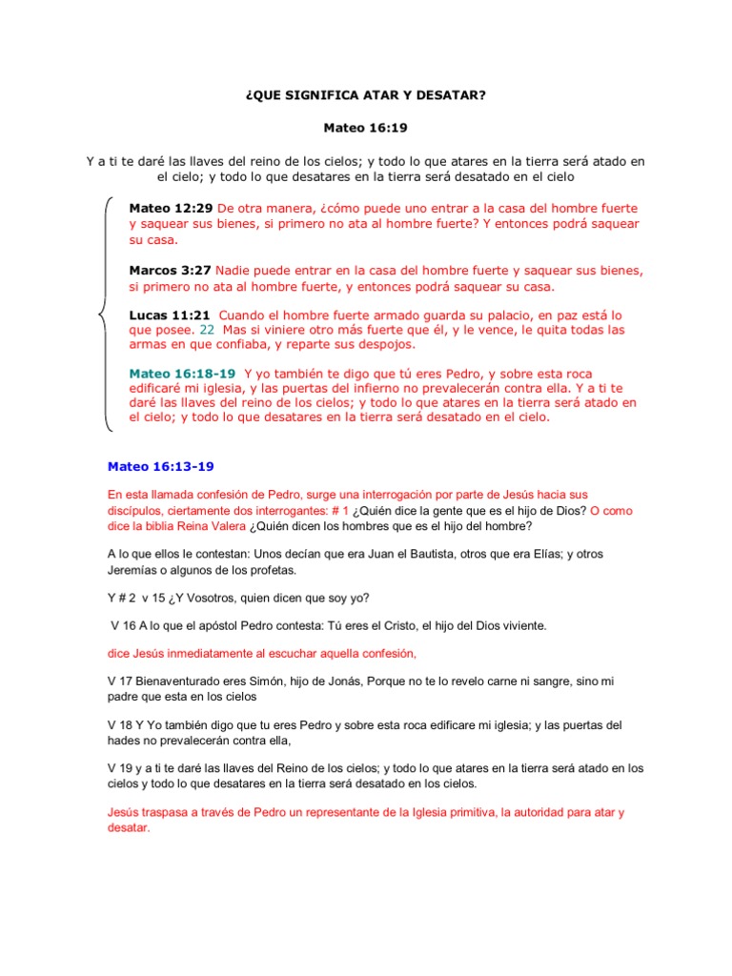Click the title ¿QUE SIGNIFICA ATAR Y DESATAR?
pyautogui.click(x=365, y=96)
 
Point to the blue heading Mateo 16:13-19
pyautogui.click(x=161, y=467)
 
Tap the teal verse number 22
pyautogui.click(x=207, y=329)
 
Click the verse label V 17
pyautogui.click(x=121, y=681)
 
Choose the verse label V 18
pyautogui.click(x=121, y=725)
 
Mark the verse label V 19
pyautogui.click(x=121, y=768)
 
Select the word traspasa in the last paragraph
pyautogui.click(x=174, y=812)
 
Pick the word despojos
pyautogui.click(x=387, y=344)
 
